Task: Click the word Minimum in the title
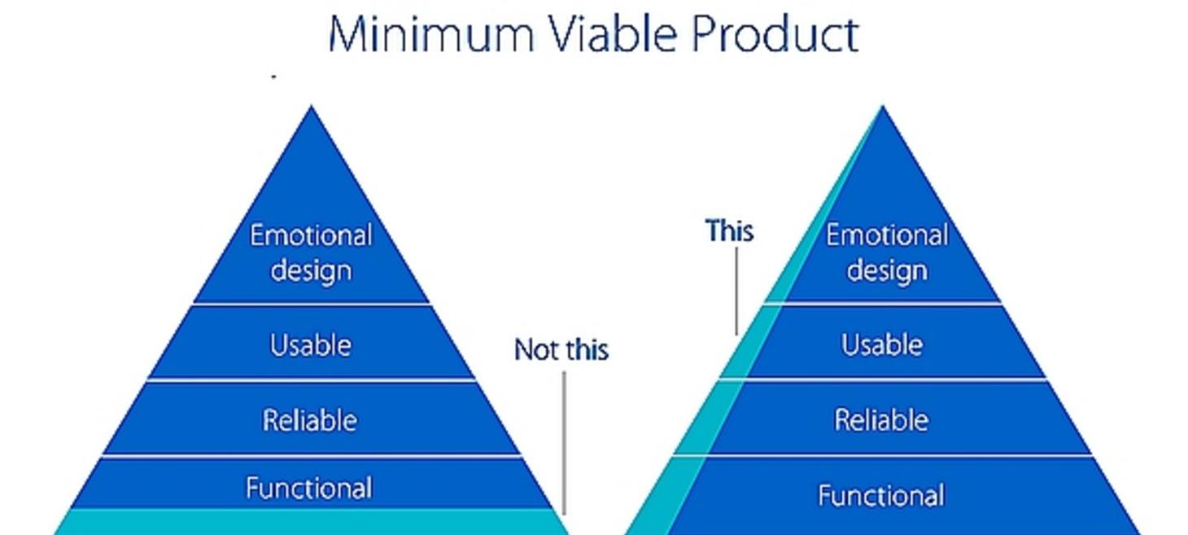(431, 34)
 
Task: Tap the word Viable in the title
(612, 33)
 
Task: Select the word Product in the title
(775, 33)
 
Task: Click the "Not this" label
(561, 350)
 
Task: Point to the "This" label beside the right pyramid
(729, 231)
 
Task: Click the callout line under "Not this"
(564, 443)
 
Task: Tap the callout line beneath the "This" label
(736, 292)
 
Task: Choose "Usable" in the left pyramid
(311, 345)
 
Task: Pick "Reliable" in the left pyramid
(310, 420)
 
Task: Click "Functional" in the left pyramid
(308, 488)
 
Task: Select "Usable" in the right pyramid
(882, 344)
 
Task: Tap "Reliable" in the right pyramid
(881, 420)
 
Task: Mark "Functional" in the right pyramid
(881, 495)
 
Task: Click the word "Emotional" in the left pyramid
(311, 235)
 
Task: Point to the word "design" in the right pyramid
(887, 270)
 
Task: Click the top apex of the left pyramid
(312, 106)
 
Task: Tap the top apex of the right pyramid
(883, 106)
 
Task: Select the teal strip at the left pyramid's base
(312, 522)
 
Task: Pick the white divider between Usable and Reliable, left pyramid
(312, 379)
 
